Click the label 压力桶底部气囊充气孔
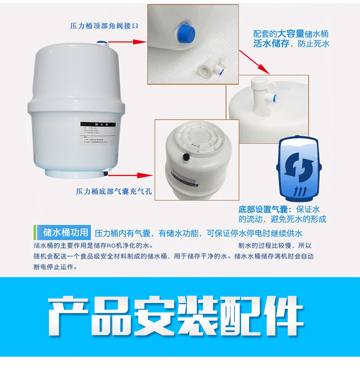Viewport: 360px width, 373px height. (114, 191)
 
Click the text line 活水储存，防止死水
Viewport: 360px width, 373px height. (291, 44)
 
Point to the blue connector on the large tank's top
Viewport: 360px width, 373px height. (102, 43)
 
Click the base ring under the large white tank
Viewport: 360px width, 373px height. (77, 174)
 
